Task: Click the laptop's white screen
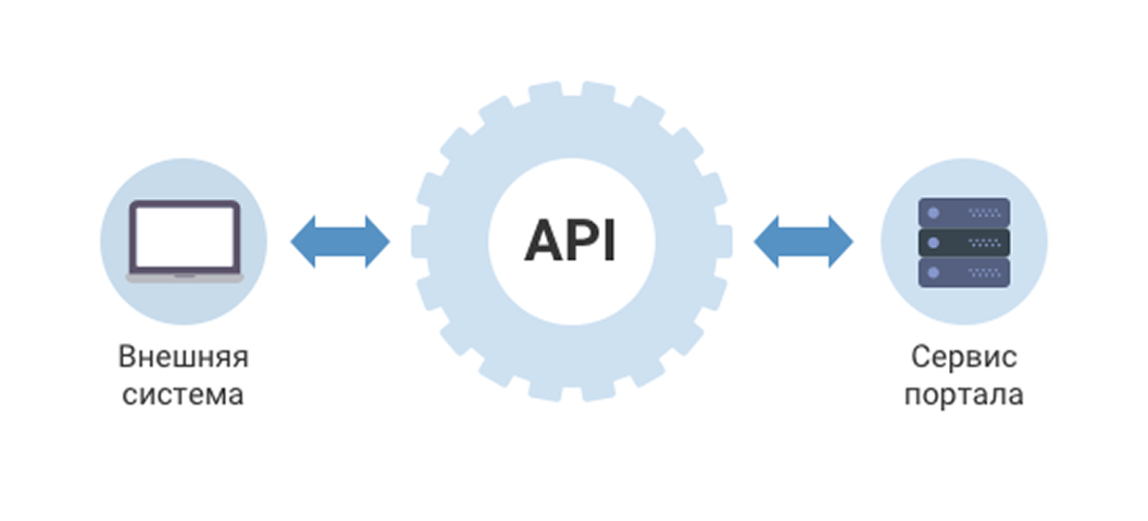(183, 235)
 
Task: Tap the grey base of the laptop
(183, 276)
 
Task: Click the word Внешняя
(183, 357)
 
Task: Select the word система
(183, 395)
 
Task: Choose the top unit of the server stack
(964, 213)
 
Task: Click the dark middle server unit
(964, 242)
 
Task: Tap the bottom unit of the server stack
(964, 272)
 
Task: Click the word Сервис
(964, 357)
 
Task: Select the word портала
(964, 395)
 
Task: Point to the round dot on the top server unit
(933, 213)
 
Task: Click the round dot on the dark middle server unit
(933, 242)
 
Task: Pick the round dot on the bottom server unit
(933, 272)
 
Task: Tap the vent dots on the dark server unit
(984, 242)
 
